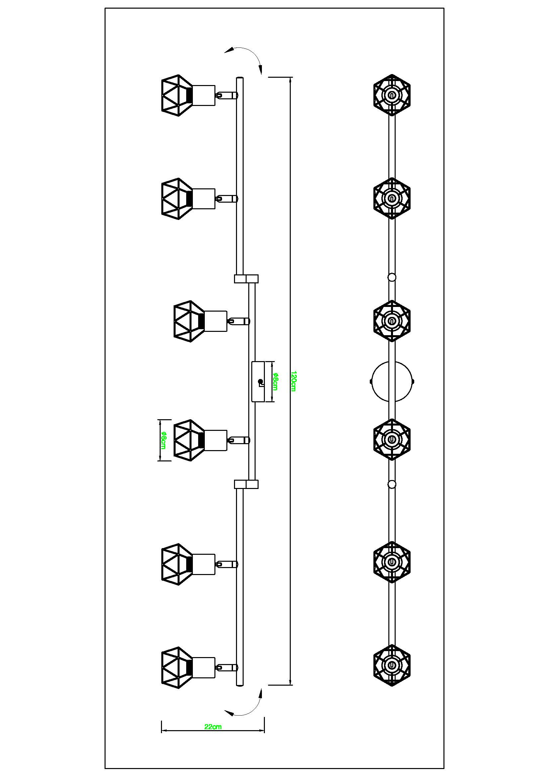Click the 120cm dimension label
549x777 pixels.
(x=293, y=381)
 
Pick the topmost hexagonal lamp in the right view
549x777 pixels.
(x=392, y=95)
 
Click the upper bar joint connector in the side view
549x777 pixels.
(x=246, y=278)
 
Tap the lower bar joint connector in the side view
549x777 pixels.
(x=246, y=484)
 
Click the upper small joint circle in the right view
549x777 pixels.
(x=392, y=277)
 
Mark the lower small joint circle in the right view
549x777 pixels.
(x=392, y=484)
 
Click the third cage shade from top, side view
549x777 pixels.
(x=189, y=321)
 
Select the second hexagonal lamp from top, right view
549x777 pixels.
(x=392, y=198)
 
